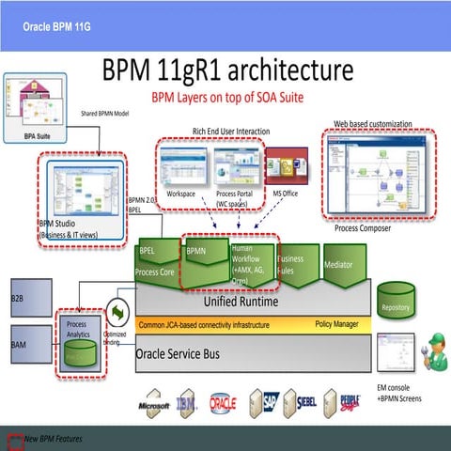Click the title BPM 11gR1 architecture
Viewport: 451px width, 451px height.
(x=227, y=71)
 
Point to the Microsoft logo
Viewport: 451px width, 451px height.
(x=153, y=406)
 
